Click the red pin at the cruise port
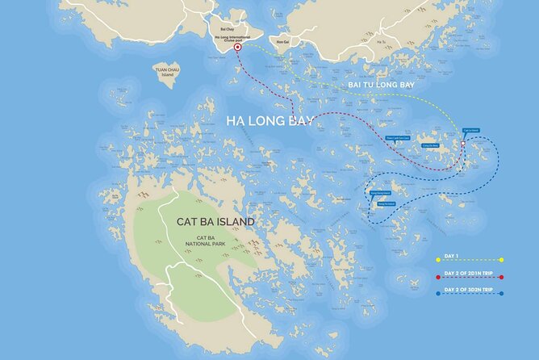237,48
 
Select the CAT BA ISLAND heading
215,221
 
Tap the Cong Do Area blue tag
428,145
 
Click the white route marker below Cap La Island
463,144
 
